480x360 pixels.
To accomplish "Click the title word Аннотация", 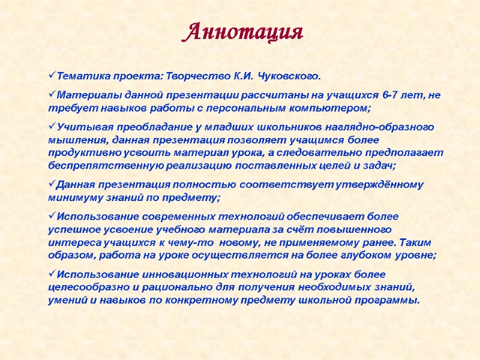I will (x=242, y=31).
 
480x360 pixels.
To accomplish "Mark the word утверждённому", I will (x=384, y=184).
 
